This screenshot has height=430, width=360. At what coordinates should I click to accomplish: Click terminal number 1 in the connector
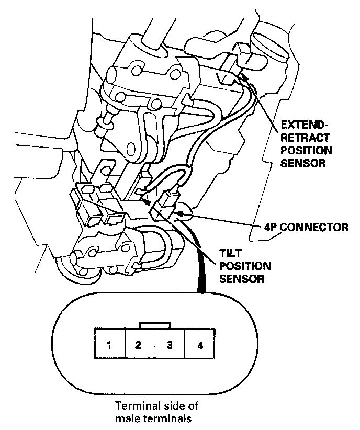point(109,345)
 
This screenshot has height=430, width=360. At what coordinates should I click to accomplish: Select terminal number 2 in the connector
point(139,345)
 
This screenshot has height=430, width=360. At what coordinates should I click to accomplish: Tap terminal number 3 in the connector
point(170,345)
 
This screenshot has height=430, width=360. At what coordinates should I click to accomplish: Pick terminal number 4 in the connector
point(200,345)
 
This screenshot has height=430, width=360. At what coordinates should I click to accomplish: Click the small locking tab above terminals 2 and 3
point(154,325)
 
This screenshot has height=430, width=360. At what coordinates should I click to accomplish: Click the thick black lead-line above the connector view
point(200,272)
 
